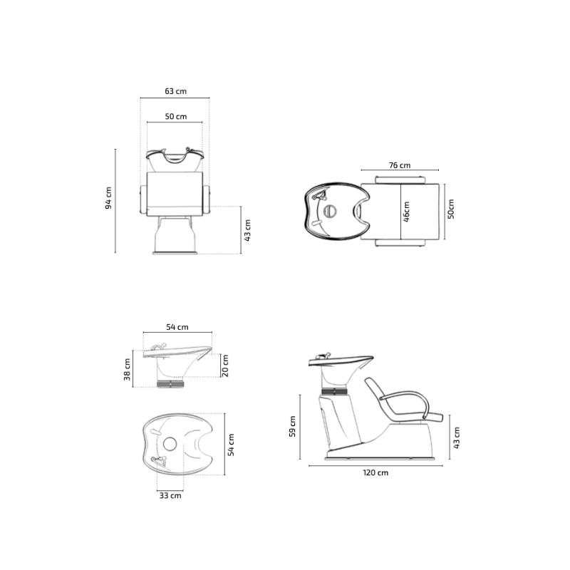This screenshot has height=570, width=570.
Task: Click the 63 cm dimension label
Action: [175, 91]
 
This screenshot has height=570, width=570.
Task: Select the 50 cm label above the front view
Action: [175, 116]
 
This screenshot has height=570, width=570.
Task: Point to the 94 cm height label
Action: [108, 198]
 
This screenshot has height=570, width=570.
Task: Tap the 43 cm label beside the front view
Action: [248, 230]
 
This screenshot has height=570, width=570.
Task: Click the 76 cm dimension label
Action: [400, 165]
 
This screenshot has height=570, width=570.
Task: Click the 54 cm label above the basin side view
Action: [177, 327]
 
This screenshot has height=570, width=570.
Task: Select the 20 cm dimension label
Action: [225, 366]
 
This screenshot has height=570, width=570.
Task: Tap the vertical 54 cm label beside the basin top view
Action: [231, 442]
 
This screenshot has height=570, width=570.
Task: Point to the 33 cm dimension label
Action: [170, 496]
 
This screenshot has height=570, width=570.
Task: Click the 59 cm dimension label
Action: [293, 427]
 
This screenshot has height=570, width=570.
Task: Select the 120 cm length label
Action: [375, 472]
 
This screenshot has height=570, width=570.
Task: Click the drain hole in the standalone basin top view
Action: [170, 444]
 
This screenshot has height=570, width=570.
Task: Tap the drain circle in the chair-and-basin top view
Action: [329, 212]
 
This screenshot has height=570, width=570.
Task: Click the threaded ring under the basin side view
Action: [171, 383]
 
